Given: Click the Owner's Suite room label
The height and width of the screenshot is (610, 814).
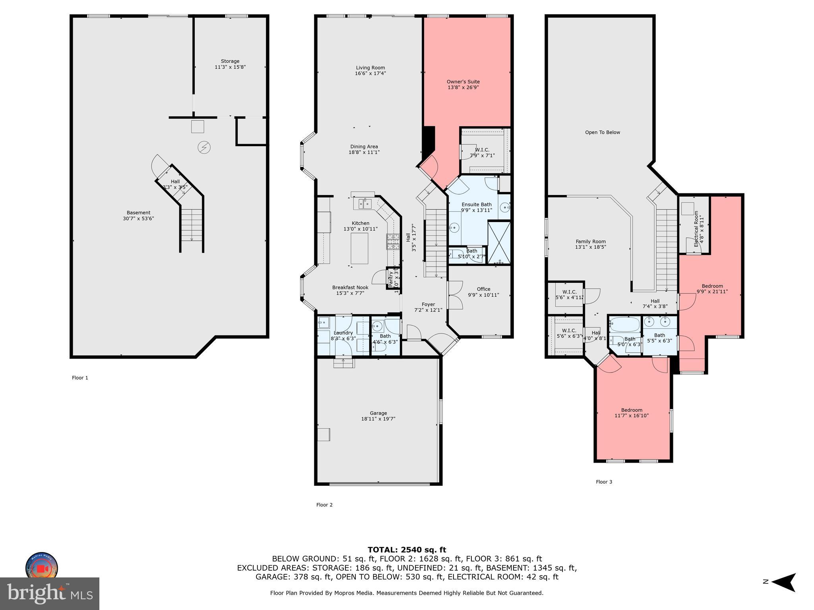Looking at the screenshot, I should pyautogui.click(x=463, y=82).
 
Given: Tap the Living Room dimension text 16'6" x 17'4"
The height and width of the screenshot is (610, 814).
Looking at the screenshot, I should pyautogui.click(x=370, y=73).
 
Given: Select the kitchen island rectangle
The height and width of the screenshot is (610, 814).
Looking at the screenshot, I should pyautogui.click(x=359, y=249).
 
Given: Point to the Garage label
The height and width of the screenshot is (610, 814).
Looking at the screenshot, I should pyautogui.click(x=378, y=413).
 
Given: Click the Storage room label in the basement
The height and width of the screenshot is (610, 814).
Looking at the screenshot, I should pyautogui.click(x=230, y=61).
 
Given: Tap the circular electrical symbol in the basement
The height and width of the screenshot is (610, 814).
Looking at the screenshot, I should pyautogui.click(x=204, y=148).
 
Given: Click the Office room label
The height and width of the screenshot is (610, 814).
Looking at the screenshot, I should pyautogui.click(x=483, y=289).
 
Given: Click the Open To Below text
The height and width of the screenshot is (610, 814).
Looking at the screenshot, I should pyautogui.click(x=602, y=133).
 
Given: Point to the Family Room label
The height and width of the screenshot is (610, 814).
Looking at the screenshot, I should pyautogui.click(x=591, y=241).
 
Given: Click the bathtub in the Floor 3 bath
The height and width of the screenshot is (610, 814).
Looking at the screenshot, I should pyautogui.click(x=624, y=324).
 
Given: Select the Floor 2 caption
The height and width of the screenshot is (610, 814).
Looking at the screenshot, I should pyautogui.click(x=324, y=505).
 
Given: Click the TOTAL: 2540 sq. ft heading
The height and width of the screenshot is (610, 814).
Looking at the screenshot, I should pyautogui.click(x=407, y=550).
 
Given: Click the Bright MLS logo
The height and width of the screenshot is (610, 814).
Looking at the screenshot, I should pyautogui.click(x=50, y=593).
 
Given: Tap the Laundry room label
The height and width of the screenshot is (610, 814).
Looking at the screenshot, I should pyautogui.click(x=343, y=333).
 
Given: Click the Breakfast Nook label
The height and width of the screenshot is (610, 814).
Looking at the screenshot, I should pyautogui.click(x=350, y=288).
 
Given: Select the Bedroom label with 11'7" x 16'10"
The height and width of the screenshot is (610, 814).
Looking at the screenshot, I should pyautogui.click(x=632, y=410).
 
